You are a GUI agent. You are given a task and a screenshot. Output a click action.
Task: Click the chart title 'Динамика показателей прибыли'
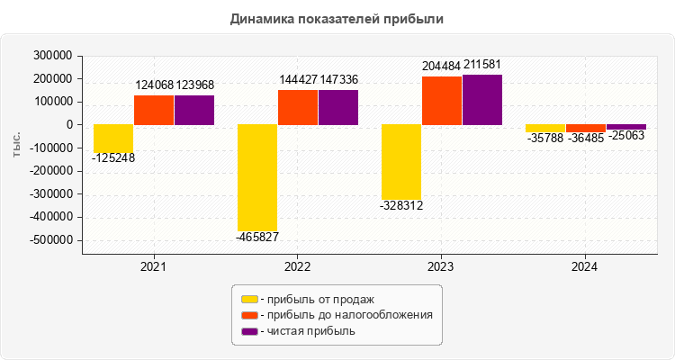click(x=337, y=18)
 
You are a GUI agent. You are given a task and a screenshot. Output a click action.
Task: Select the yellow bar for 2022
click(x=257, y=177)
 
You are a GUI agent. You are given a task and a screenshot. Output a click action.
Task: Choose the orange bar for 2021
click(x=154, y=110)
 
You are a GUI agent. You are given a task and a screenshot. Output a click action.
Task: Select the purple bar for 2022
click(x=338, y=107)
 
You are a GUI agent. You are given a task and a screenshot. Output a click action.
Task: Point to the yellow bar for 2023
click(x=401, y=162)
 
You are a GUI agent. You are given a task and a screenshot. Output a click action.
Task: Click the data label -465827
click(x=257, y=238)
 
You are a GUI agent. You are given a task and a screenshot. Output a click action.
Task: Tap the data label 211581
click(x=482, y=66)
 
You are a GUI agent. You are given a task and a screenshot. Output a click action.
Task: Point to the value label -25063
click(x=626, y=137)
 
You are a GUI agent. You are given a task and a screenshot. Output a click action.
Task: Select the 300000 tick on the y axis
click(x=52, y=56)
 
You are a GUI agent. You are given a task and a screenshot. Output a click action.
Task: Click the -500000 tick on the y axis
click(x=50, y=240)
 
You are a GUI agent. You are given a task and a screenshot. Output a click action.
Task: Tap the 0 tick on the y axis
click(x=68, y=125)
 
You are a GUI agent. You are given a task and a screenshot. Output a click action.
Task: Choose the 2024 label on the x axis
click(x=585, y=267)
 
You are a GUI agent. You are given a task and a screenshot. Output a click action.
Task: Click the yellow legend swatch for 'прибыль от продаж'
click(x=249, y=299)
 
